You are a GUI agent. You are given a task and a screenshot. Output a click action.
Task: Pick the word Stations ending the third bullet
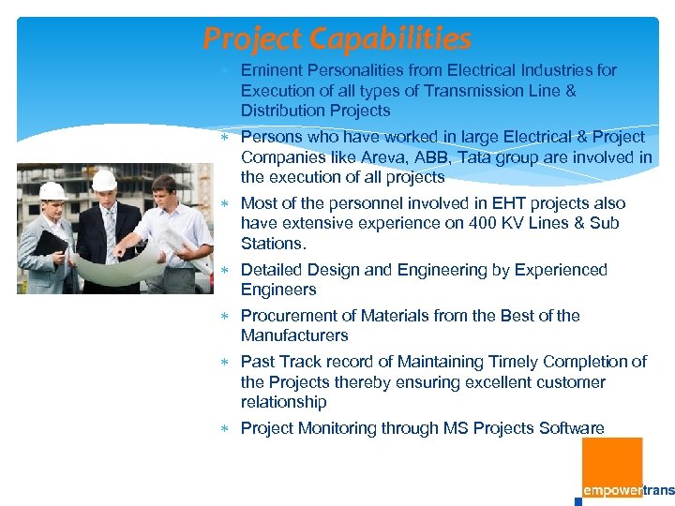coord(272,244)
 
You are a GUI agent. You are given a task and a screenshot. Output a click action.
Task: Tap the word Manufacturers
coord(294,335)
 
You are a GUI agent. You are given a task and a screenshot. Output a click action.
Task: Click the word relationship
coord(283,402)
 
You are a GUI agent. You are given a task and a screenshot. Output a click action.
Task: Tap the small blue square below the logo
coord(578,501)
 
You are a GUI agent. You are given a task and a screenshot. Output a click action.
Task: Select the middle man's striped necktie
coord(110,225)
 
